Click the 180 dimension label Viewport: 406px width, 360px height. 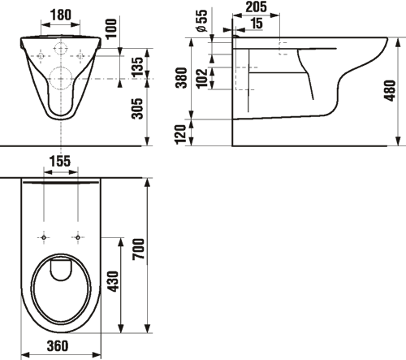tap(61, 15)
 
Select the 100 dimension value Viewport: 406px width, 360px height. tap(111, 28)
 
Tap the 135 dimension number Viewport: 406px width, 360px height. tap(137, 67)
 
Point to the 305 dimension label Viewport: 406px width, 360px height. tap(137, 109)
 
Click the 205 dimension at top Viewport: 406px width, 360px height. tap(256, 7)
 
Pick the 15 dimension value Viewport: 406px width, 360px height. tap(257, 23)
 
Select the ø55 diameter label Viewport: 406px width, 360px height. tap(202, 20)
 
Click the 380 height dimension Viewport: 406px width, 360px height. tap(181, 78)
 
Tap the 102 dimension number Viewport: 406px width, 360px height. tap(202, 79)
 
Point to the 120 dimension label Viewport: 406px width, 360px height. tap(180, 134)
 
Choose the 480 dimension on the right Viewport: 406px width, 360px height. tap(390, 90)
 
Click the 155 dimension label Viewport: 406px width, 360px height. tap(60, 161)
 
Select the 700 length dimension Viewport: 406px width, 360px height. tap(139, 249)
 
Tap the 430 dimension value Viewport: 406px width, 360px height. tap(113, 281)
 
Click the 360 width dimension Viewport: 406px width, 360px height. tap(58, 346)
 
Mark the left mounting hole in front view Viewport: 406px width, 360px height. tap(41, 56)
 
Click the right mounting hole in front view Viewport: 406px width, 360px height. tap(80, 56)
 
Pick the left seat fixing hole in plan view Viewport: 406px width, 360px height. tap(44, 237)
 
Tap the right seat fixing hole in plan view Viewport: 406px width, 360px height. tap(78, 237)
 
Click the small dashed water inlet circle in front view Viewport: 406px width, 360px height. tap(61, 49)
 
